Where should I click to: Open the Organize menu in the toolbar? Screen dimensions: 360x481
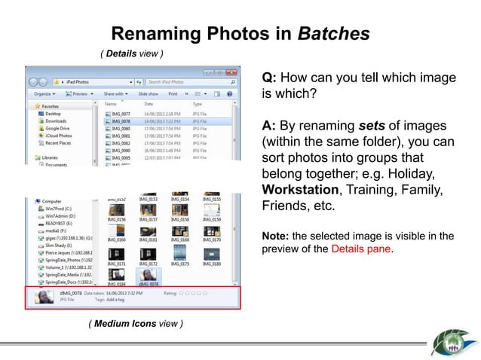43,94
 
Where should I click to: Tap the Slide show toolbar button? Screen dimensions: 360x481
148,94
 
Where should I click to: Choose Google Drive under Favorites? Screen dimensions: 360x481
57,128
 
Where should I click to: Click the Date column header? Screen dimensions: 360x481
149,104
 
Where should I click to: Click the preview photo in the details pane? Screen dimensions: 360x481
44,297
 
